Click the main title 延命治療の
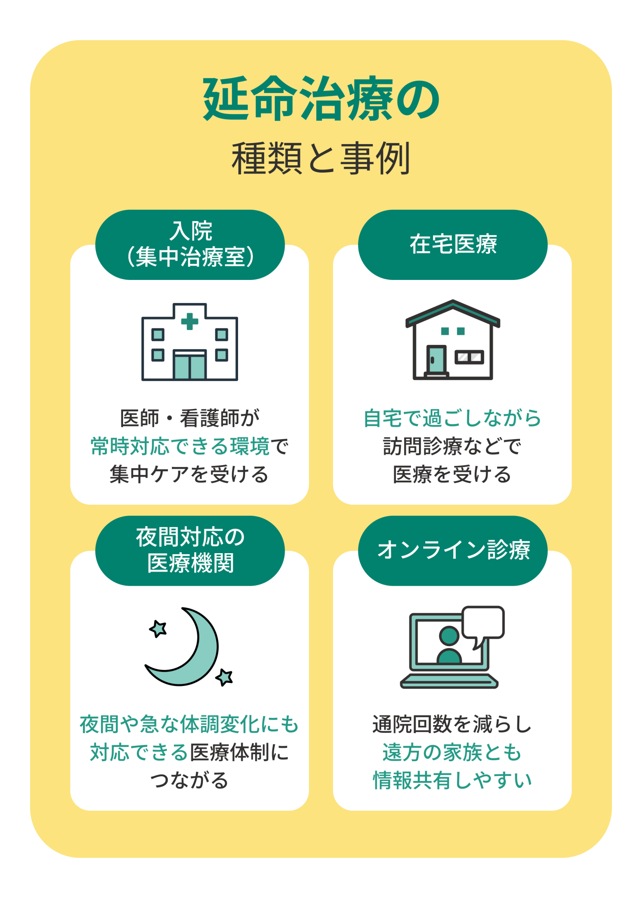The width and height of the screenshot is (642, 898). pyautogui.click(x=321, y=99)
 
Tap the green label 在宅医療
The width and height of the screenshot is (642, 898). pyautogui.click(x=453, y=244)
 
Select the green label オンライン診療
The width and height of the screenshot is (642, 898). pyautogui.click(x=453, y=550)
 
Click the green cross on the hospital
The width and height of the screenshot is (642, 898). pyautogui.click(x=189, y=321)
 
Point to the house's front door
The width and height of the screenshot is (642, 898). pyautogui.click(x=436, y=360)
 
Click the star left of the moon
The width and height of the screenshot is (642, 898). pyautogui.click(x=158, y=628)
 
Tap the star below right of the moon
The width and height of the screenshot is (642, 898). pyautogui.click(x=224, y=677)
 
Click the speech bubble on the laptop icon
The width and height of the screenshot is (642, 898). pyautogui.click(x=483, y=622)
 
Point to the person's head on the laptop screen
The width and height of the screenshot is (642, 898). pyautogui.click(x=449, y=636)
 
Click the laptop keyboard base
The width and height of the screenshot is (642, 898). pyautogui.click(x=449, y=681)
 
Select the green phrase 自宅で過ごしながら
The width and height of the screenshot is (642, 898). pyautogui.click(x=452, y=418)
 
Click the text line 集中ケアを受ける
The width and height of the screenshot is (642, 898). pyautogui.click(x=189, y=475)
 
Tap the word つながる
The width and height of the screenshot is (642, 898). pyautogui.click(x=189, y=780)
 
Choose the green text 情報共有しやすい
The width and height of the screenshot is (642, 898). pyautogui.click(x=452, y=780)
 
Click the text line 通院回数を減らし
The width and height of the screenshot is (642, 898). pyautogui.click(x=452, y=724)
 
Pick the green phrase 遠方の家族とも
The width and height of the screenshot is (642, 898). pyautogui.click(x=452, y=752)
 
